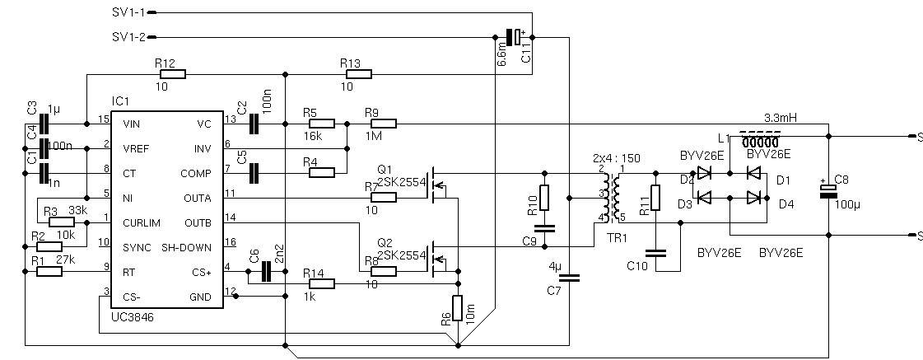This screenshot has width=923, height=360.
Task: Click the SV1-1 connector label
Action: tap(128, 12)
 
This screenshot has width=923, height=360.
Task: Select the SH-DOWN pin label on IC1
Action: tap(191, 247)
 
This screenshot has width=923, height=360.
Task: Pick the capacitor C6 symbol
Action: tap(266, 272)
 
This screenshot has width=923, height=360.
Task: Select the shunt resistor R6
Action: tap(458, 306)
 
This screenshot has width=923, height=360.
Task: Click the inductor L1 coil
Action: tap(762, 137)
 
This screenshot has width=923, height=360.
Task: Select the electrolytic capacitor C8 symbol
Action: tap(828, 191)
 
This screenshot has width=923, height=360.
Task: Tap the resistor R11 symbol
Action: tap(655, 198)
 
